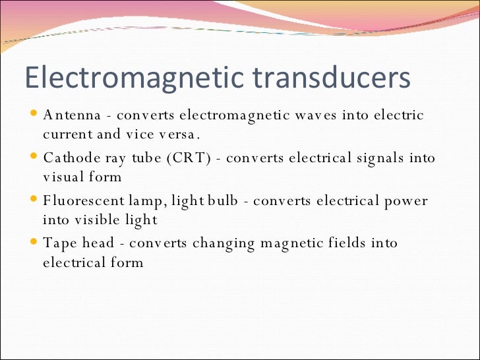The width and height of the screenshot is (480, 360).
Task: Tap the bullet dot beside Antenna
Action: pos(34,114)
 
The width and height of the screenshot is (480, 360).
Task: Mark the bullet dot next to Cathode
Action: pos(34,157)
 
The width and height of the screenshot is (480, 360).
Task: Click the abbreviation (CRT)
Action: pos(187,158)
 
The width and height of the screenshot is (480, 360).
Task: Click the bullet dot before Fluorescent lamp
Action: pos(34,199)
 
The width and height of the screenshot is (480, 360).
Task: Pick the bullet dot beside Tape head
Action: pos(34,242)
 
